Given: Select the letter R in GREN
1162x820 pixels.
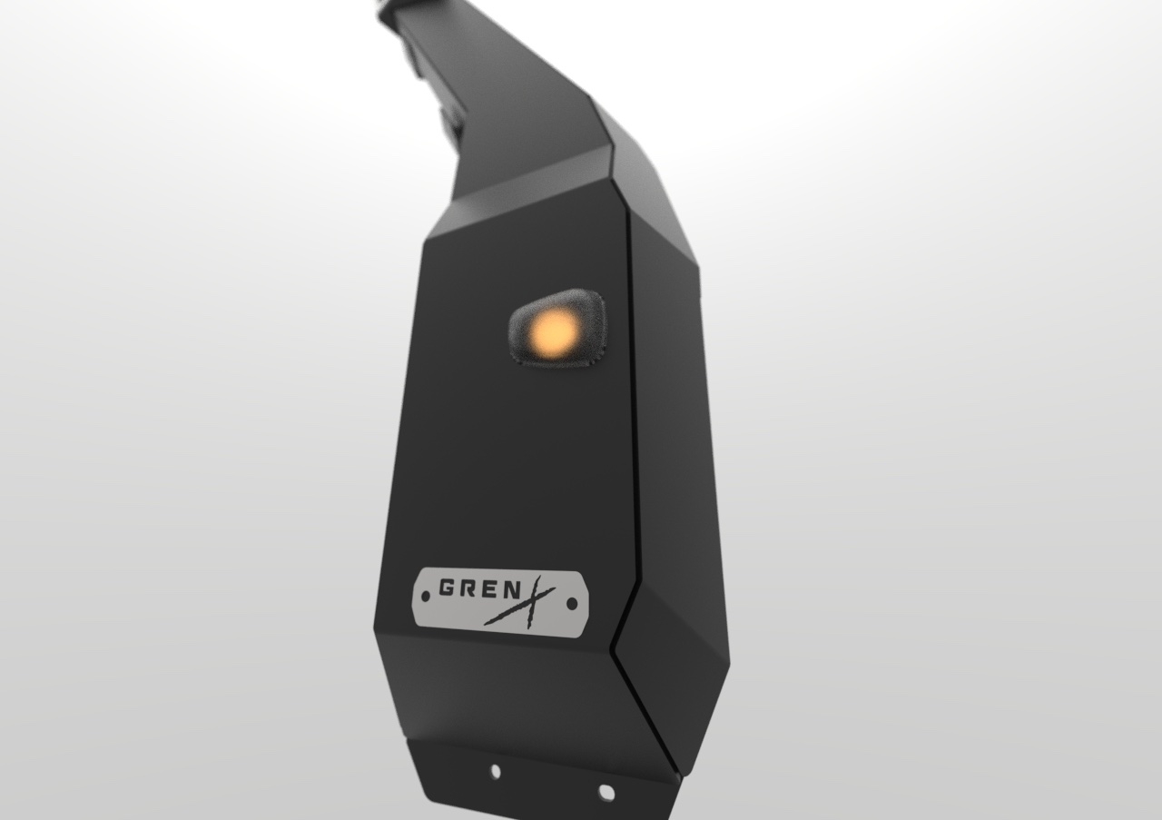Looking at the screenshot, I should tap(469, 588).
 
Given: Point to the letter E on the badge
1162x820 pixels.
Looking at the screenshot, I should tap(491, 588).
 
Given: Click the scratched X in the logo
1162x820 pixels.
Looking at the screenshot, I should tap(531, 599).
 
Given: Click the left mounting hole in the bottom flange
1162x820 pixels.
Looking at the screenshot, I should tap(495, 772).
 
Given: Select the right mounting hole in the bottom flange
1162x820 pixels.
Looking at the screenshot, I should tap(606, 793).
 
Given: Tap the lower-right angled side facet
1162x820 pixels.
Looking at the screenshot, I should tap(676, 672).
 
